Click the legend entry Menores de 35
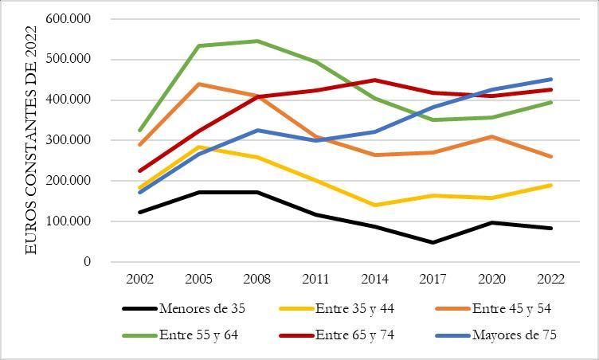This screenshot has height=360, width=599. pos(195,309)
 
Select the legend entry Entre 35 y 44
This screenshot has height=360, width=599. pos(354,309)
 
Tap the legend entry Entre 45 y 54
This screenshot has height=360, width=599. pos(511,309)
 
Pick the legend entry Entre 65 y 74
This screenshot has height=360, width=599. pos(354,335)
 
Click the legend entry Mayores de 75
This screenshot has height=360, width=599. pos(514,335)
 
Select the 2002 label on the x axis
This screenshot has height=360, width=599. pos(140,280)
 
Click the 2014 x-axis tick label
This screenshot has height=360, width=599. pos(374,280)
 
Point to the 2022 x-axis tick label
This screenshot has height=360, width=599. pos(550,280)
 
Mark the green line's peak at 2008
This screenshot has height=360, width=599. pos(257,41)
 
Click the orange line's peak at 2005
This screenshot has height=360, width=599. pos(199,84)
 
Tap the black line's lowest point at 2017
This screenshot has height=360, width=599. pos(433,242)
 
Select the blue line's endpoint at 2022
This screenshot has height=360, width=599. pos(550,79)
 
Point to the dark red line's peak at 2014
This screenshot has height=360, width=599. pos(374,80)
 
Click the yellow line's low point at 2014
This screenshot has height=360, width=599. pos(374,205)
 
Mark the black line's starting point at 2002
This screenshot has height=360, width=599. pos(140,212)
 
